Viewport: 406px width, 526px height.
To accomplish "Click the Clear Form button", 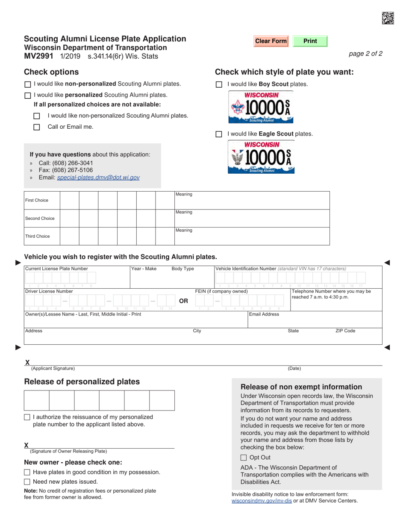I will [x=271, y=41].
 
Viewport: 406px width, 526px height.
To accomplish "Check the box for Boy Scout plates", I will [x=219, y=85].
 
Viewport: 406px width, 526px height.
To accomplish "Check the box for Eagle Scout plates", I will [x=219, y=134].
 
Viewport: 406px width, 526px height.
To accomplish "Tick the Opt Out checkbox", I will [x=244, y=458].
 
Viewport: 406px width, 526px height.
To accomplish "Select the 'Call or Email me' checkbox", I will [x=37, y=127].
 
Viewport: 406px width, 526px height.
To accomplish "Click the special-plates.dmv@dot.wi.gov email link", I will [x=98, y=177].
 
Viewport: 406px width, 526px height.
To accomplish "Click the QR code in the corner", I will [x=388, y=18].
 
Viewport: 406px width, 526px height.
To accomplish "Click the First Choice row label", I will [x=37, y=201].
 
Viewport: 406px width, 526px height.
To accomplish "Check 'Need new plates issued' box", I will [x=27, y=482].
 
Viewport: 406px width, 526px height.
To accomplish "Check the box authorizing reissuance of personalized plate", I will [x=27, y=417].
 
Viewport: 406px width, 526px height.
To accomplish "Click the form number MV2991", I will [x=38, y=56].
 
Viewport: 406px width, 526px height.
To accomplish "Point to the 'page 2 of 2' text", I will [x=365, y=54].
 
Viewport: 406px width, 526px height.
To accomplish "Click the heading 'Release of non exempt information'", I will [x=301, y=387].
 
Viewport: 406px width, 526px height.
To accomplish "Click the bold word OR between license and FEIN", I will [x=183, y=301].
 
